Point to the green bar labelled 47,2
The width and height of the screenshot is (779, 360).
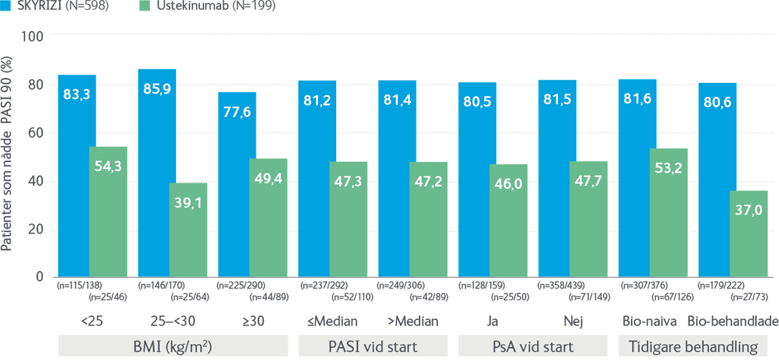(430, 211)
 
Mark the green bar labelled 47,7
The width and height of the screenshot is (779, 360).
(590, 211)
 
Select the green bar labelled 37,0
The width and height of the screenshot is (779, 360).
(750, 232)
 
